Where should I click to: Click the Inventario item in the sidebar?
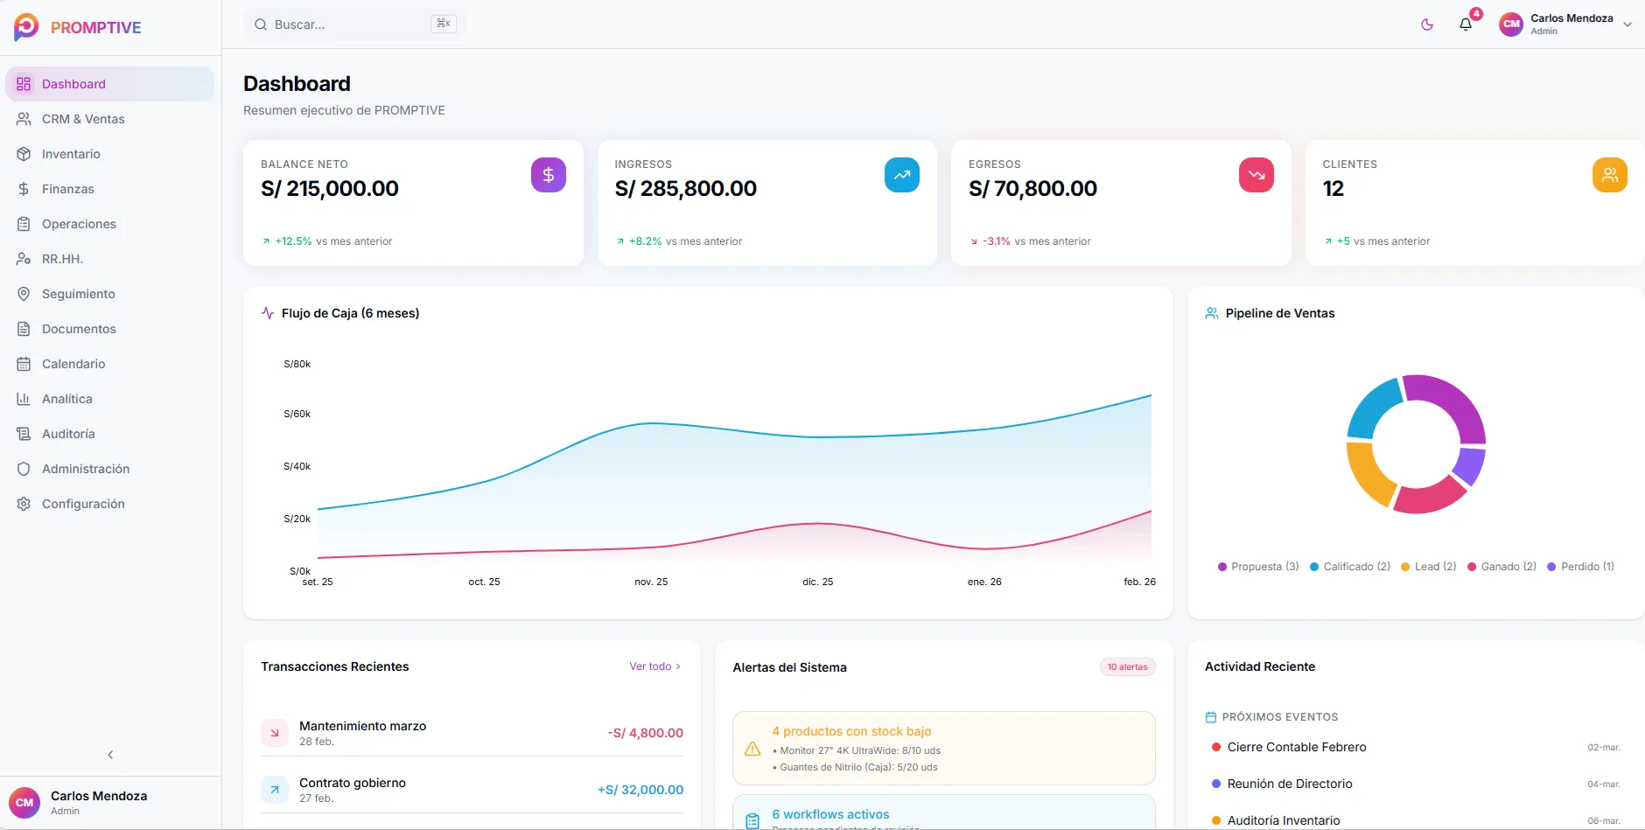point(71,154)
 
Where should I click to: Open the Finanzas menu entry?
point(67,189)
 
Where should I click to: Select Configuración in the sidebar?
point(83,504)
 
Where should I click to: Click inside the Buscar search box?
point(350,24)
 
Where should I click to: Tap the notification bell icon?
point(1466,24)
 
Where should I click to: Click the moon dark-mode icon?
point(1427,24)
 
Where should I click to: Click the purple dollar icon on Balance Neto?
point(548,175)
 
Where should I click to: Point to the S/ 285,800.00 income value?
point(685,189)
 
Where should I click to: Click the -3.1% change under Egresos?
point(996,241)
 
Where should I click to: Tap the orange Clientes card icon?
point(1609,175)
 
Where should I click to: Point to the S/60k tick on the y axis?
point(297,414)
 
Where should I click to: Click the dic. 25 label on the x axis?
point(817,582)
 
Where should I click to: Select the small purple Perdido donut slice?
point(1471,465)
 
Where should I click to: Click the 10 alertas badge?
point(1127,667)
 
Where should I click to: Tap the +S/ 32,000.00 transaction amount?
point(640,790)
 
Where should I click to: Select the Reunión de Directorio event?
point(1289,784)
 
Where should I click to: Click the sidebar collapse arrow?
point(110,755)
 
